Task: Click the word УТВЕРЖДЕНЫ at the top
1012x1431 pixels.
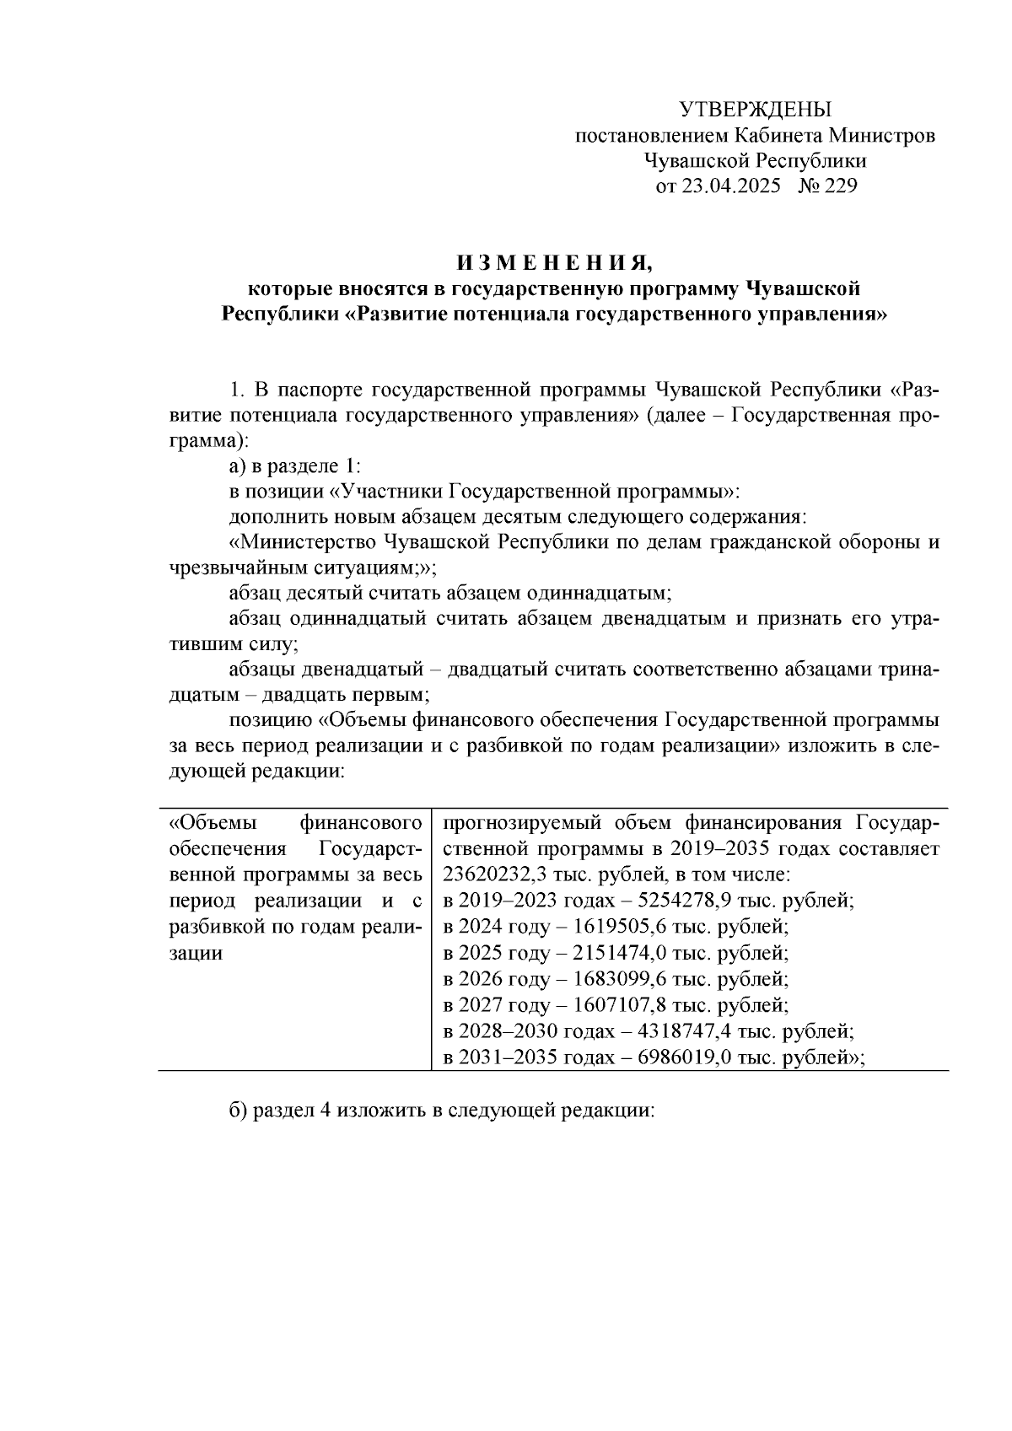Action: point(755,109)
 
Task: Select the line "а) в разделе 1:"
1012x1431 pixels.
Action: point(294,466)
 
